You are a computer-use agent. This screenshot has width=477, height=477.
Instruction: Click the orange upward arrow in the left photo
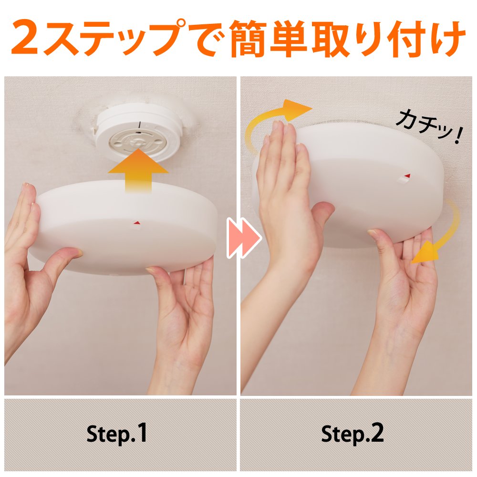[x=138, y=170]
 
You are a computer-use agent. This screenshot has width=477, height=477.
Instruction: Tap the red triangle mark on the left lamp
[x=136, y=223]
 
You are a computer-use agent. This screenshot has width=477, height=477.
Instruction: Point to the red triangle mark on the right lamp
[x=407, y=176]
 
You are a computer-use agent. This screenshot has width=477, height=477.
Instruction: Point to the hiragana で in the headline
[x=207, y=38]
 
